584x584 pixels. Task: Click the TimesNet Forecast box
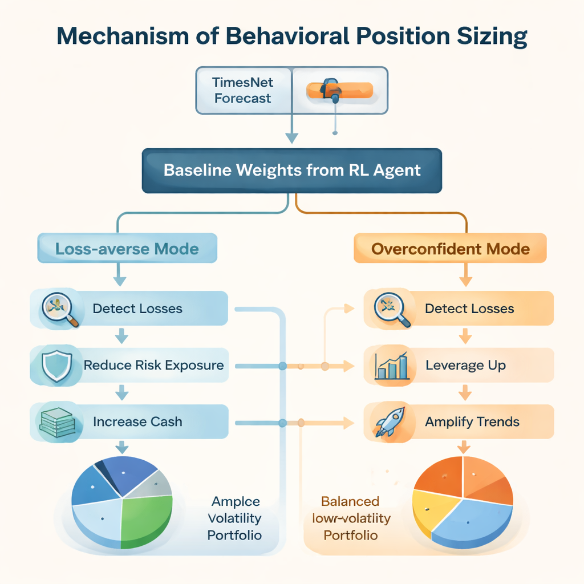coord(244,90)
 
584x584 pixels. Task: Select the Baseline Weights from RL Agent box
coord(291,170)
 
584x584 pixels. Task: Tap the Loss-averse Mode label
coord(127,249)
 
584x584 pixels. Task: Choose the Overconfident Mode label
coord(450,249)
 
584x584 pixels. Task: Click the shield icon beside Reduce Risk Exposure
coord(56,365)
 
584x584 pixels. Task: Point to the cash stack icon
coord(56,422)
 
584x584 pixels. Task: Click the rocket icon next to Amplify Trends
coord(390,421)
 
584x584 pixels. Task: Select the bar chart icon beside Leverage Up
coord(391,366)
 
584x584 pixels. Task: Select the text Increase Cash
coord(137,422)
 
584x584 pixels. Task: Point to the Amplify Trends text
coord(472,422)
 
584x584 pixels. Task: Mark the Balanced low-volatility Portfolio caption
coord(350,518)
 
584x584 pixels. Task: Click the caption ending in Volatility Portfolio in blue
coord(235,518)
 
